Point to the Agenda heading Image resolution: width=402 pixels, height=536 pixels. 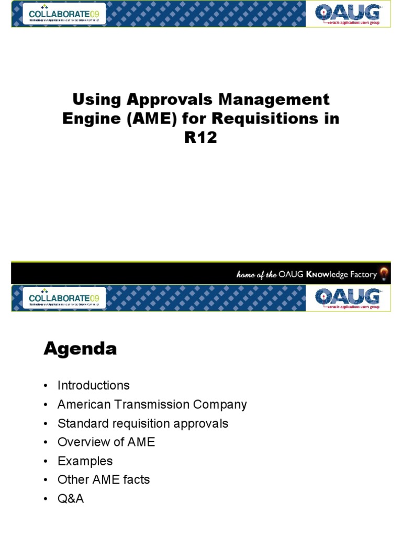(80, 349)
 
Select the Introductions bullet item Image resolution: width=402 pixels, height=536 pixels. (93, 385)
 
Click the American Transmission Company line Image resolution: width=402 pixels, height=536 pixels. (152, 404)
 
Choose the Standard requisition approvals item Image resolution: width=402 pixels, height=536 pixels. (142, 423)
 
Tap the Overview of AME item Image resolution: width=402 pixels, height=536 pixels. (106, 442)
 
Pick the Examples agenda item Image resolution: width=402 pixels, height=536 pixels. (85, 461)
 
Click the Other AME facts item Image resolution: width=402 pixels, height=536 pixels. (104, 479)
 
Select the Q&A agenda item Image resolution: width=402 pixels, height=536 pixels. (70, 498)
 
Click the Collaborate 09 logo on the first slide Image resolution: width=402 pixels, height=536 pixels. (61, 15)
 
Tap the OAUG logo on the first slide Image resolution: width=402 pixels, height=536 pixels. (348, 15)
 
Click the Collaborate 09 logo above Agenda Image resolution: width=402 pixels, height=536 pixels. (61, 298)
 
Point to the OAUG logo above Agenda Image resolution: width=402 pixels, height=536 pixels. (348, 298)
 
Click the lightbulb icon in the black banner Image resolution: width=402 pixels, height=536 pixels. (384, 274)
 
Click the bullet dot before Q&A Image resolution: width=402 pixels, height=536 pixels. (46, 499)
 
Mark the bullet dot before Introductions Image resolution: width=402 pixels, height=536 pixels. (46, 386)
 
